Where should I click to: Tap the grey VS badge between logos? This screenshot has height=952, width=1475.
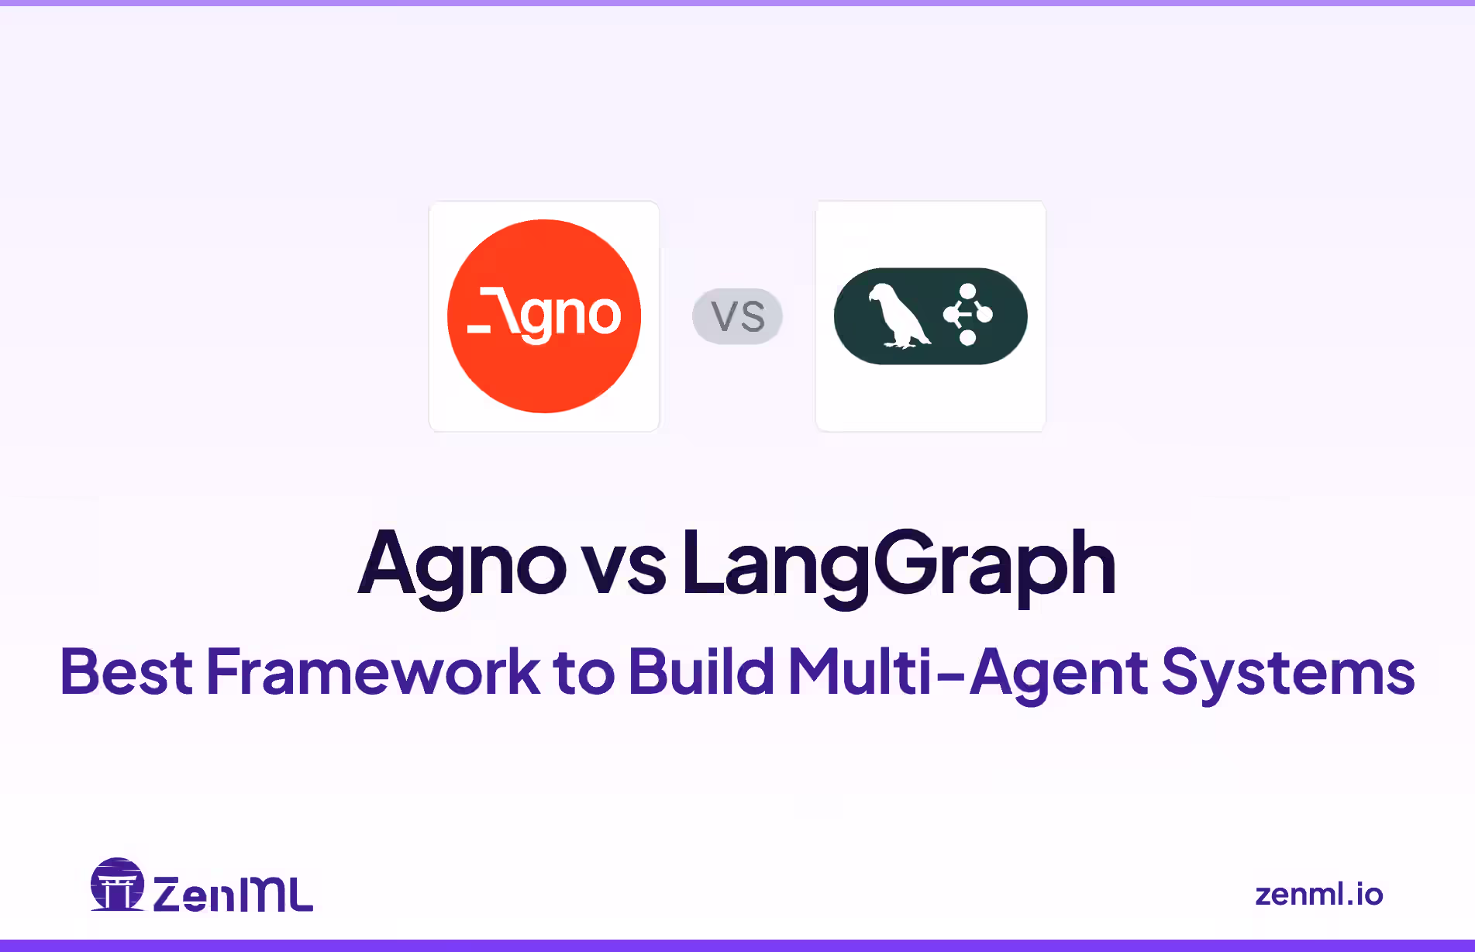pyautogui.click(x=737, y=316)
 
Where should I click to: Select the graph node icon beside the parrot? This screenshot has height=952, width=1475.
pyautogui.click(x=967, y=314)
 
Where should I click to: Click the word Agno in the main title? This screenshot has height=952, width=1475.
pyautogui.click(x=462, y=564)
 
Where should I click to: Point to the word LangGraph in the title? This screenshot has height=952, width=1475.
pyautogui.click(x=899, y=564)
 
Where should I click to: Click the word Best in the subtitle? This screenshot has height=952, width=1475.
pyautogui.click(x=126, y=671)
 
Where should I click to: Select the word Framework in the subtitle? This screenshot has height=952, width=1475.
pyautogui.click(x=373, y=671)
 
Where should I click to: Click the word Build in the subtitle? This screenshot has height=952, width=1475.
pyautogui.click(x=701, y=671)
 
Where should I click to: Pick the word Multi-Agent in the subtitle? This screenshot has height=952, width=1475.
pyautogui.click(x=967, y=671)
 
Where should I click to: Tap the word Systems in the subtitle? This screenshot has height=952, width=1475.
pyautogui.click(x=1288, y=671)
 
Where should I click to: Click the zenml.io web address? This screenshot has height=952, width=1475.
pyautogui.click(x=1318, y=895)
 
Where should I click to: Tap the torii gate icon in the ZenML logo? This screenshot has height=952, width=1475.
pyautogui.click(x=118, y=885)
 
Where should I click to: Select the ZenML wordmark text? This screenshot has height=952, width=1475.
pyautogui.click(x=233, y=895)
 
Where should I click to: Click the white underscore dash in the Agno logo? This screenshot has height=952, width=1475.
pyautogui.click(x=479, y=329)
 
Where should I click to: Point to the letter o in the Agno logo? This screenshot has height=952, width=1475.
pyautogui.click(x=603, y=315)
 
